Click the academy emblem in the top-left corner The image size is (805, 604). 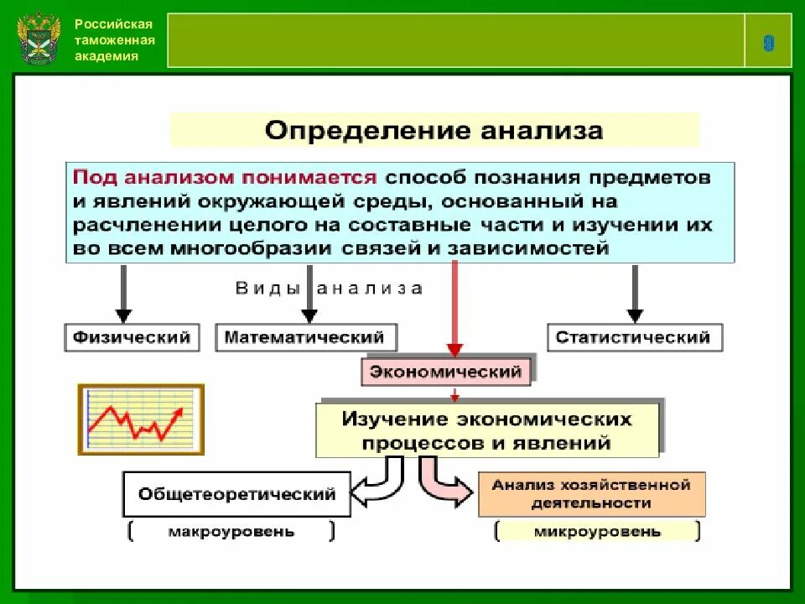(39, 39)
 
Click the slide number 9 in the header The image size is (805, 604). (768, 44)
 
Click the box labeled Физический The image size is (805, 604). (132, 337)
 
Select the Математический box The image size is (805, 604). (305, 337)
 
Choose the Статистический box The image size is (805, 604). (634, 337)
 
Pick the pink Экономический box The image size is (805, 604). (446, 371)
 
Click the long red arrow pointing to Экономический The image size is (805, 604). (454, 306)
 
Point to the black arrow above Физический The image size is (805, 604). (123, 294)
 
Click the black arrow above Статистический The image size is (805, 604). (635, 294)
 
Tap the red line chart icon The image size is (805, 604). (140, 419)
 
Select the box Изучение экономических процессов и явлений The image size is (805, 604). (486, 430)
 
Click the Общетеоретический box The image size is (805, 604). (236, 494)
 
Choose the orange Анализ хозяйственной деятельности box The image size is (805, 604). (590, 494)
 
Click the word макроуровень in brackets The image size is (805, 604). (231, 532)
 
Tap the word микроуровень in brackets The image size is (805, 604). (597, 532)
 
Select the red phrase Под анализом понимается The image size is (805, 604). (225, 178)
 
